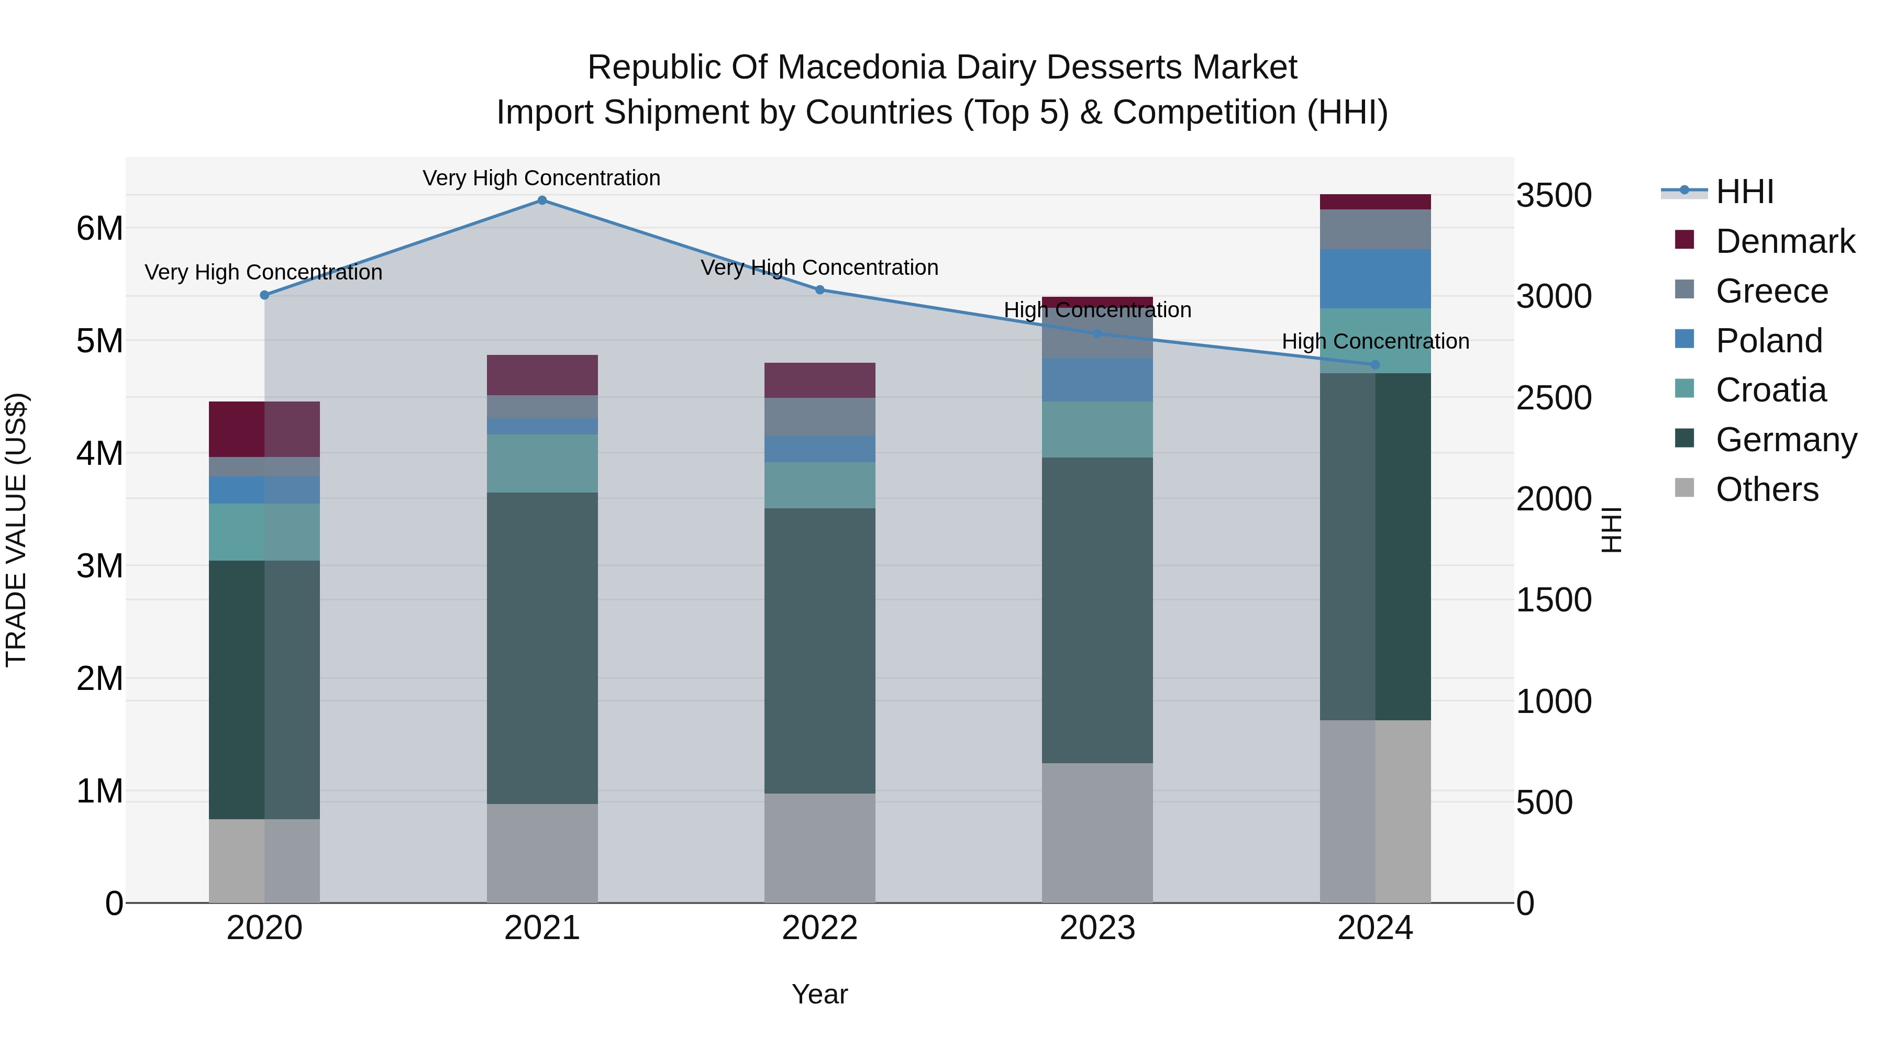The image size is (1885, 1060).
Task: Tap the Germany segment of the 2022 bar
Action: coord(819,651)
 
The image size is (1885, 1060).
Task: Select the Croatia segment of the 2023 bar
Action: coord(1097,429)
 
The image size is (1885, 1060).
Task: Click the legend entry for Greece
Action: coord(1771,291)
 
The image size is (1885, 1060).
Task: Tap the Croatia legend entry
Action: coord(1770,390)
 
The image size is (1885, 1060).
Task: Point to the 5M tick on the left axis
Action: coord(99,341)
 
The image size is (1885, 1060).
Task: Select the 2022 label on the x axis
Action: coord(819,928)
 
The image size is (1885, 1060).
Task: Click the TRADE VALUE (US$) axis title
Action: coord(17,530)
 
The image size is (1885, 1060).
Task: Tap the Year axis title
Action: coord(819,994)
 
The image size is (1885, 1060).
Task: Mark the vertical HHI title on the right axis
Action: coord(1611,530)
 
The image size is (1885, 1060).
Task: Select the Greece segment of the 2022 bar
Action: coord(819,417)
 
